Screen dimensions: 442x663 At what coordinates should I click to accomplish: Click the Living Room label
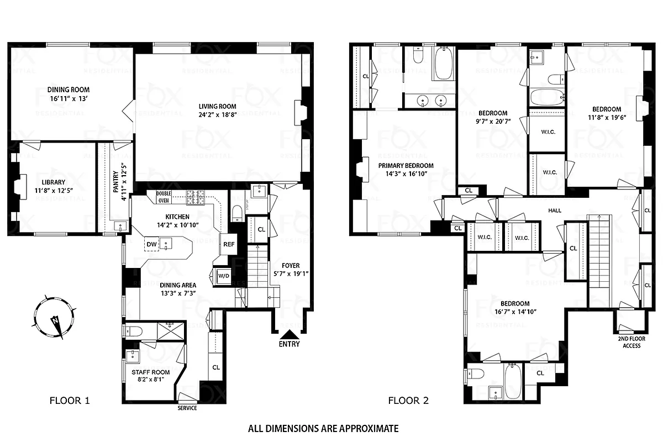click(x=218, y=107)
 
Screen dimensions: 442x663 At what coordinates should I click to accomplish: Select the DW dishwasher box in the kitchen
click(x=151, y=244)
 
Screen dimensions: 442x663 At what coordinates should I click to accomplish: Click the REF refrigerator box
click(x=228, y=243)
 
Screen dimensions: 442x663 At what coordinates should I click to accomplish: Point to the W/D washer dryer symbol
click(x=224, y=276)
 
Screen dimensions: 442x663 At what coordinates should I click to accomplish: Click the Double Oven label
click(x=164, y=197)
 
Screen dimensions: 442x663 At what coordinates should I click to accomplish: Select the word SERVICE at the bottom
click(x=187, y=408)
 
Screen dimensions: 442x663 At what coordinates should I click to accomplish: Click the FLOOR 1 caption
click(x=70, y=401)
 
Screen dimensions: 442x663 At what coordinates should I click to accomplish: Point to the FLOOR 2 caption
click(x=408, y=401)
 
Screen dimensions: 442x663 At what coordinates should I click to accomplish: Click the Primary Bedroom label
click(x=406, y=165)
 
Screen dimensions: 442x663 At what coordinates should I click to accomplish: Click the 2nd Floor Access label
click(x=632, y=342)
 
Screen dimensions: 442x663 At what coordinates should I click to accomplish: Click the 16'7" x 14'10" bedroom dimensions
click(x=515, y=312)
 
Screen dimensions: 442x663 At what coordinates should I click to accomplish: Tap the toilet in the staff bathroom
click(x=134, y=331)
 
